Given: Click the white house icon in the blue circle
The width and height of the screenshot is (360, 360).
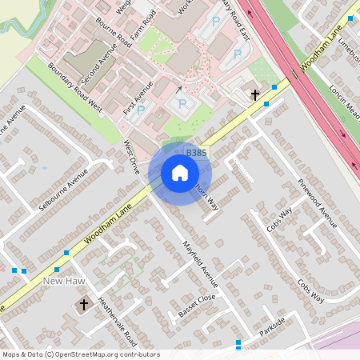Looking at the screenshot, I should (179, 172).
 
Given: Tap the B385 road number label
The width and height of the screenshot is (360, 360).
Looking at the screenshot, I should (196, 152).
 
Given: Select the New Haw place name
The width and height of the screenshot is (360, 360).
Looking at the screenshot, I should (64, 281).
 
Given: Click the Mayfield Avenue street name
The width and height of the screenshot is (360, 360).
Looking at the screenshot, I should (200, 263).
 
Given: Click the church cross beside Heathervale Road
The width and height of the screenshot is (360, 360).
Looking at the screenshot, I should (84, 305).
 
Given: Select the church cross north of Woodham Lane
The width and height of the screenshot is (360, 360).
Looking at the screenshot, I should (255, 95).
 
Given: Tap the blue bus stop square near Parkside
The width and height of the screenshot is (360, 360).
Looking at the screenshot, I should (238, 344).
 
